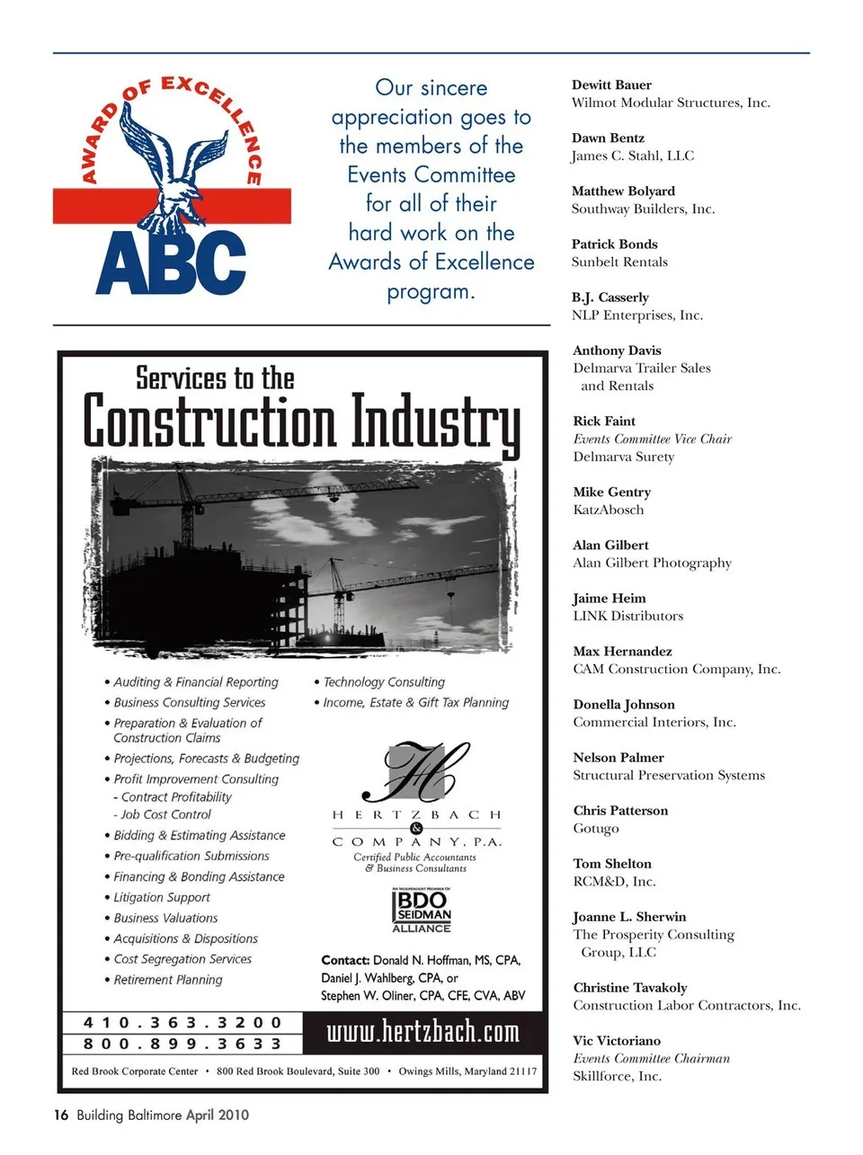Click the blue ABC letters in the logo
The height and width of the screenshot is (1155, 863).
(x=171, y=262)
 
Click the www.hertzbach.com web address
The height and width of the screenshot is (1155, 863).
(x=423, y=1031)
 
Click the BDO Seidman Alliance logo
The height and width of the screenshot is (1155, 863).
(x=422, y=911)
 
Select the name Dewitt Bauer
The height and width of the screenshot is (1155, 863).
(x=611, y=85)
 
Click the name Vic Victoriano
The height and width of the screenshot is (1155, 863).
(x=617, y=1041)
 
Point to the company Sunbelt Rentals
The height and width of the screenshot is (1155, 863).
(x=619, y=262)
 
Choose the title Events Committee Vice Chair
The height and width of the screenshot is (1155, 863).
(x=652, y=439)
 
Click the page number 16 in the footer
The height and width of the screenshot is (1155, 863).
(x=60, y=1115)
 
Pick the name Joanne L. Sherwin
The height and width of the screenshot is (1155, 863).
(x=629, y=917)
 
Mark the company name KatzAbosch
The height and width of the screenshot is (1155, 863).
(x=608, y=510)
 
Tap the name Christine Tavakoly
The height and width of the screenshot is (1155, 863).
(x=629, y=988)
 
